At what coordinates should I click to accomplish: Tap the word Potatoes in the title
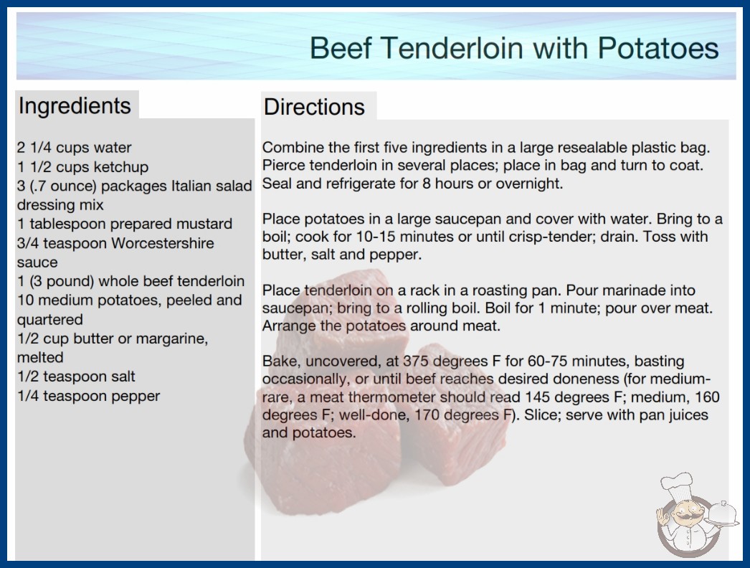pyautogui.click(x=658, y=48)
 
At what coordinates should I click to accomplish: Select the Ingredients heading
pyautogui.click(x=75, y=105)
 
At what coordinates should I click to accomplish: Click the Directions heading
pyautogui.click(x=314, y=107)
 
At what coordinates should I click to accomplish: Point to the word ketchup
pyautogui.click(x=121, y=167)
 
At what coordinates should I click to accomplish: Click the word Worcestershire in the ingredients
pyautogui.click(x=163, y=243)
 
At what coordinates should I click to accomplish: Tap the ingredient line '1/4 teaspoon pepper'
pyautogui.click(x=88, y=396)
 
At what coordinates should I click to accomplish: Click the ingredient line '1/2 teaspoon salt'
pyautogui.click(x=76, y=377)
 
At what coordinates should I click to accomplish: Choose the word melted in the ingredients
pyautogui.click(x=40, y=357)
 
